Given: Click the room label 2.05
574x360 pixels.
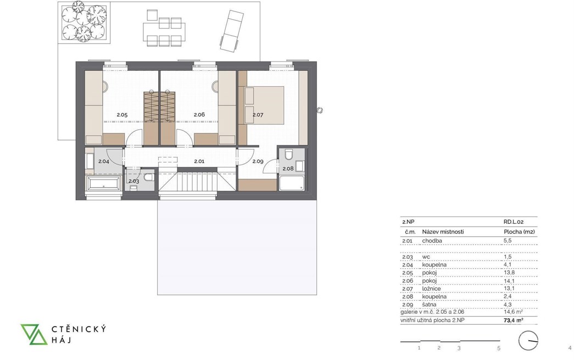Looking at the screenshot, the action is click(122, 115).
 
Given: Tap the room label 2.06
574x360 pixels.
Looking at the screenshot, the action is click(199, 115).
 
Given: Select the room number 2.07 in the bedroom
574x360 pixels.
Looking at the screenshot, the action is click(258, 115).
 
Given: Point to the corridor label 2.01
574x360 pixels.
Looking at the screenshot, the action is click(199, 161).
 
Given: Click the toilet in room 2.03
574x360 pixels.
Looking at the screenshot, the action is click(149, 178).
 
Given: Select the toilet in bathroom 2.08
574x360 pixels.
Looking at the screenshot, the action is click(288, 154).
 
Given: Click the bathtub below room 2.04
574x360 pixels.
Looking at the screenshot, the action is click(104, 183).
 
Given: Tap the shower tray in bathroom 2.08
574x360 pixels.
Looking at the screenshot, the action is click(292, 183).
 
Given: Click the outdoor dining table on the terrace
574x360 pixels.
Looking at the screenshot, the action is click(164, 29).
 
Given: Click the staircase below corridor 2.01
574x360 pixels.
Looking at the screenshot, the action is click(198, 181).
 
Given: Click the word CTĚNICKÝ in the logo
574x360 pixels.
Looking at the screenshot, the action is click(79, 329).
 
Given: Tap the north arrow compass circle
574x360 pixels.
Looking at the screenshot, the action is click(528, 341).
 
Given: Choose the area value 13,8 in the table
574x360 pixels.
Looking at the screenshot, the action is click(509, 273).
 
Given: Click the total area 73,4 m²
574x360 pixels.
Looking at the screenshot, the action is click(513, 320).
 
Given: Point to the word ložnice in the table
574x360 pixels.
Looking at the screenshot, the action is click(431, 289).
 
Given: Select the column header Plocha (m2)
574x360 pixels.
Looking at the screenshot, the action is click(519, 232).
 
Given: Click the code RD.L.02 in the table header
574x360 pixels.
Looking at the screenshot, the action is click(514, 222).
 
